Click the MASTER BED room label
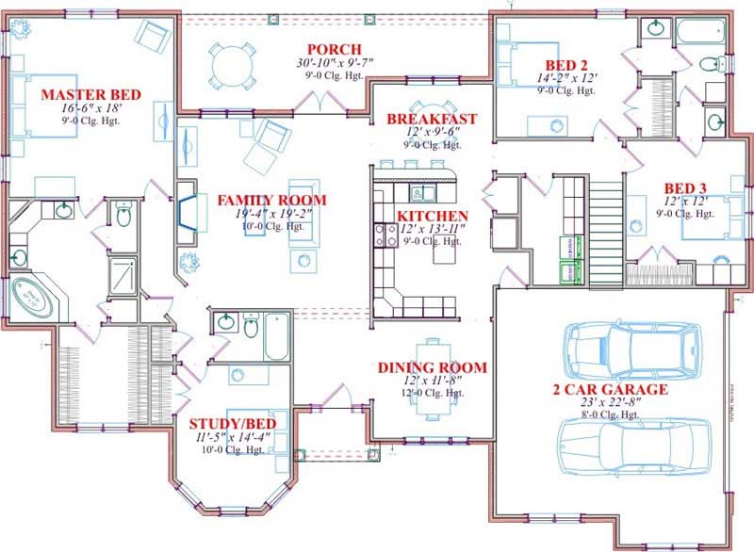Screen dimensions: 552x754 click(x=90, y=95)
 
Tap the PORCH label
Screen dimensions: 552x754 click(x=335, y=49)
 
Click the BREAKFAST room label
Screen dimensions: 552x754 click(x=432, y=119)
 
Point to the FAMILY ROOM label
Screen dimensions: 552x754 click(x=271, y=200)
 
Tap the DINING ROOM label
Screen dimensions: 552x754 click(x=432, y=367)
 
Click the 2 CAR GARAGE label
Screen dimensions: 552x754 click(x=610, y=389)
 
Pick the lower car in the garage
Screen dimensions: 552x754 click(x=636, y=447)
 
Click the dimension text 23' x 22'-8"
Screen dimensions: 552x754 click(x=610, y=402)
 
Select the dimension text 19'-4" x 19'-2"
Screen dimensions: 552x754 click(x=271, y=214)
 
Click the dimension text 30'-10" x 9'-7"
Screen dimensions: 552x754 click(x=335, y=62)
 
